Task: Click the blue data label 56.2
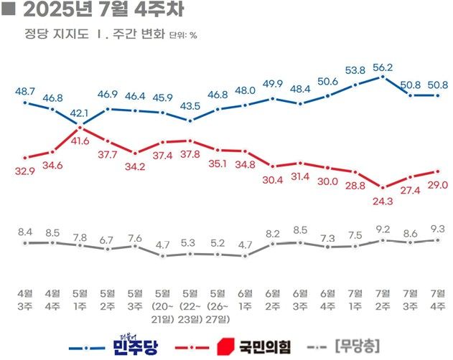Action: [383, 67]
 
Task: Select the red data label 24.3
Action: [383, 202]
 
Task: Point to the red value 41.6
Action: [80, 142]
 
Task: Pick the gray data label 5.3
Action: [190, 242]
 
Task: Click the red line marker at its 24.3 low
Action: [383, 188]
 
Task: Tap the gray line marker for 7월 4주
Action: [438, 240]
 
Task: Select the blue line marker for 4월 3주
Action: [25, 103]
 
